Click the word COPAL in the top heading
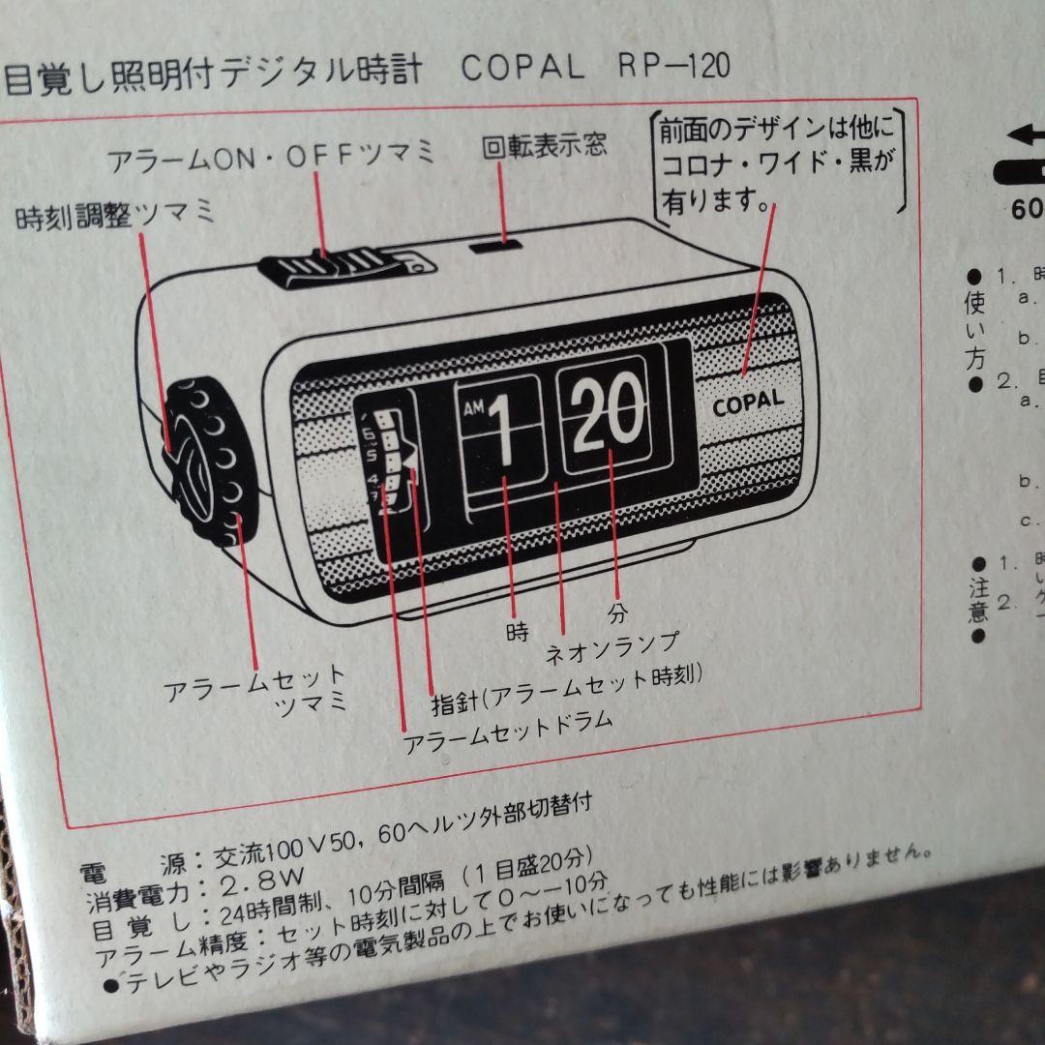pyautogui.click(x=522, y=68)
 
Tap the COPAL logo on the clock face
pyautogui.click(x=747, y=403)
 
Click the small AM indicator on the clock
pyautogui.click(x=472, y=409)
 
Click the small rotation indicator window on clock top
pyautogui.click(x=493, y=244)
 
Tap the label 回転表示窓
pyautogui.click(x=544, y=145)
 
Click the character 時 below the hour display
pyautogui.click(x=518, y=633)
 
